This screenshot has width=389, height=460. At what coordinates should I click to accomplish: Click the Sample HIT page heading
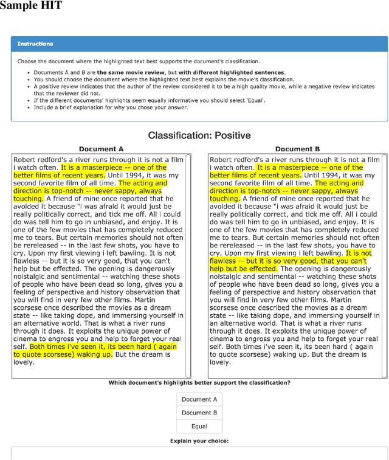tap(31, 7)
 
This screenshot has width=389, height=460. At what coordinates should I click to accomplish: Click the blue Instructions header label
tap(35, 44)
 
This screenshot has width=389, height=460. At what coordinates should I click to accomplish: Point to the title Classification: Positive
tap(199, 135)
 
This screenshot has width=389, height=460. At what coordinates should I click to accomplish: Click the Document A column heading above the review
tap(101, 149)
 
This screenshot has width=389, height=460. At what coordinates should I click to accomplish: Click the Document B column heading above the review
tap(297, 149)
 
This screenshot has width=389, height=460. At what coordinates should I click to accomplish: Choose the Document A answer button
tap(199, 399)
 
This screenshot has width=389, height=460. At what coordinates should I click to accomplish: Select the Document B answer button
tap(199, 413)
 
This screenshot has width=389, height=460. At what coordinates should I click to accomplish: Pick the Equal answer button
tap(199, 426)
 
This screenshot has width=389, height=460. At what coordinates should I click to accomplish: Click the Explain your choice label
tap(199, 441)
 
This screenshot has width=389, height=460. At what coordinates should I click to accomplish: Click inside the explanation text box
tap(199, 453)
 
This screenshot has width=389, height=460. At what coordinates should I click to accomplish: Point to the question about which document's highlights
tap(199, 383)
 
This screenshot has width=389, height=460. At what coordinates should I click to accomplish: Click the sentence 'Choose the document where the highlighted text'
tap(138, 61)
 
